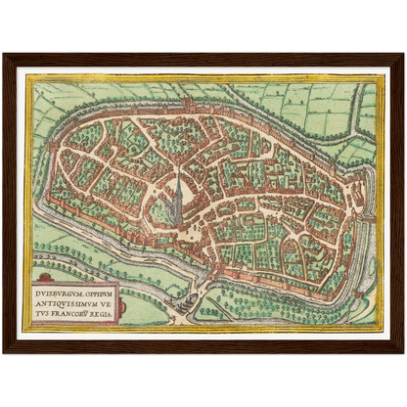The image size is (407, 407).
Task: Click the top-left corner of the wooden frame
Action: tap(5, 55)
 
